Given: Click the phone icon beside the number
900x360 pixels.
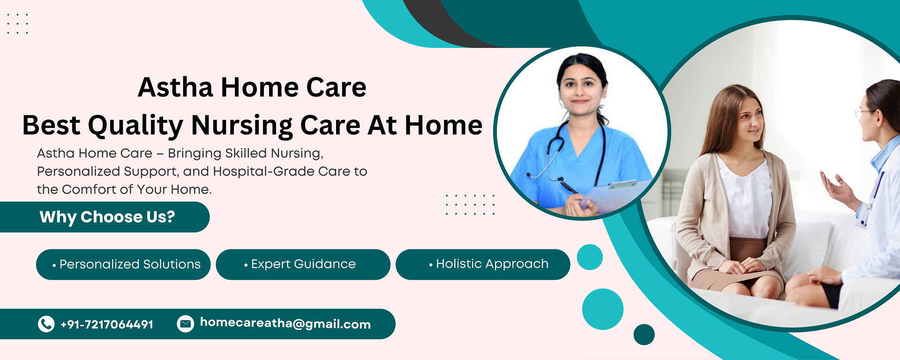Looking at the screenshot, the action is [x=46, y=324].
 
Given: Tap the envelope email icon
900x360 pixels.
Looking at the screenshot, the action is [x=185, y=324].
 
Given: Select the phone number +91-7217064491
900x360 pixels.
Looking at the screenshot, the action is [x=107, y=324].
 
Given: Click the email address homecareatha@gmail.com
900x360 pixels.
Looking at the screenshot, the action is [x=285, y=323].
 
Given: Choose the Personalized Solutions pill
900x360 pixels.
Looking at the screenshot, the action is [x=123, y=264].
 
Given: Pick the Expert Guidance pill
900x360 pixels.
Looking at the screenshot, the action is [x=303, y=264].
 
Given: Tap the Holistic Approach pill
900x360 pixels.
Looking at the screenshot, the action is [x=483, y=264].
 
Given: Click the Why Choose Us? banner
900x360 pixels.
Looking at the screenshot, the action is [x=105, y=217].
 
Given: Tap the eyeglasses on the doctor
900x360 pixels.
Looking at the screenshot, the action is [x=864, y=112].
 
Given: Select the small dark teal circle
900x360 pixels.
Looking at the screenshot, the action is [x=644, y=335].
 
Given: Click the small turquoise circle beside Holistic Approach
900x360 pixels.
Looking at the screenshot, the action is [x=590, y=257].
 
